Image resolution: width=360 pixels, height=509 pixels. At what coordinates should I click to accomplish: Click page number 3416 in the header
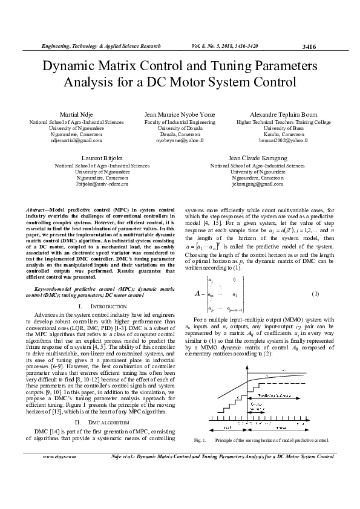[309, 47]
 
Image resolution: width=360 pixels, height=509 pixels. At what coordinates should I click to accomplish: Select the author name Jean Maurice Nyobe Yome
[180, 114]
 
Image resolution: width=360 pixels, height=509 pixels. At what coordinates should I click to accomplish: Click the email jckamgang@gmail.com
[257, 183]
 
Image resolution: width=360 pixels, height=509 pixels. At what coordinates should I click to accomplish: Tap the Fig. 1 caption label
[200, 440]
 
